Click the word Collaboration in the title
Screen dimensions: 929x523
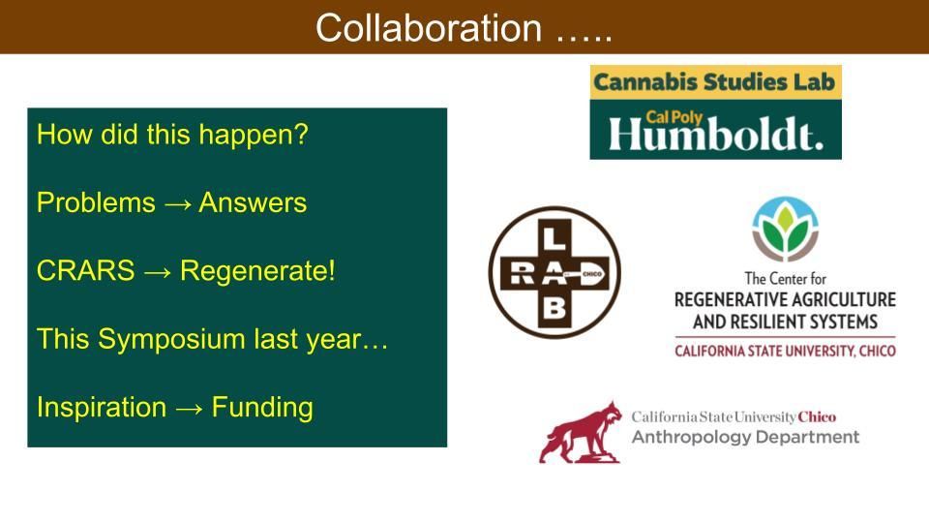(429, 28)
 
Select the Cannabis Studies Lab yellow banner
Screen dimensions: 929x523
(716, 81)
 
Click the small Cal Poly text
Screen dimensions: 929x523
(674, 117)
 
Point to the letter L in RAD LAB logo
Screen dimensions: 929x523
(554, 238)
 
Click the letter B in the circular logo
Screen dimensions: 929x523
(554, 308)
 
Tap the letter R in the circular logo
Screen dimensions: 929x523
(522, 273)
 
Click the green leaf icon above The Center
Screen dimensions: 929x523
(785, 229)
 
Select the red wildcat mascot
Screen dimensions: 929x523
(581, 432)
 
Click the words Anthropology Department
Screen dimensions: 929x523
(745, 437)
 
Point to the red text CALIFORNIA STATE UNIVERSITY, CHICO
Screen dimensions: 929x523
(785, 351)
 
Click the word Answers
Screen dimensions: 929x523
(253, 202)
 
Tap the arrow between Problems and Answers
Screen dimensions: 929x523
(178, 204)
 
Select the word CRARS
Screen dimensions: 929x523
(86, 271)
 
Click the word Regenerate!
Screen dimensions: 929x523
(257, 271)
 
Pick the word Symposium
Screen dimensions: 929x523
(171, 340)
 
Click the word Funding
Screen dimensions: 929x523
(262, 408)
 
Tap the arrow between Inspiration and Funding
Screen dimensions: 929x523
(189, 409)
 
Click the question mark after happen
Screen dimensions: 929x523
(302, 135)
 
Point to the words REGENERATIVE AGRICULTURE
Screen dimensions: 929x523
(785, 299)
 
